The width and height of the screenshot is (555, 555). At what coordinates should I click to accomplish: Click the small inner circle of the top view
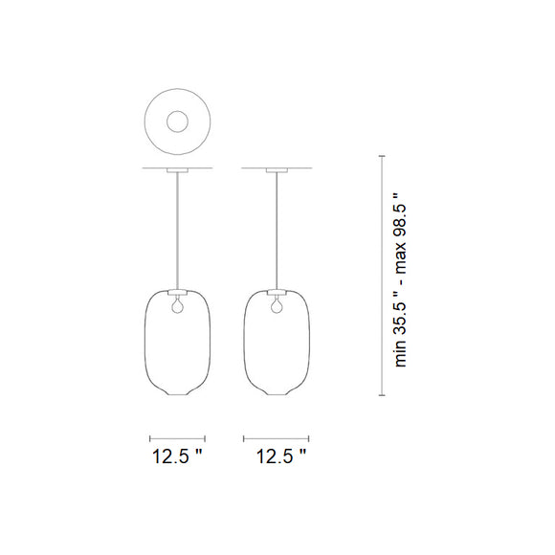(x=177, y=122)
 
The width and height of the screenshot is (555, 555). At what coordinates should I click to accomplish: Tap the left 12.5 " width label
(x=178, y=456)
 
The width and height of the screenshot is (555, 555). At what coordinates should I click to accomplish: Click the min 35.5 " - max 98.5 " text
(x=400, y=278)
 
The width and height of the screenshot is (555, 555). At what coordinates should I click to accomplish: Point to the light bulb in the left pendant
(x=176, y=306)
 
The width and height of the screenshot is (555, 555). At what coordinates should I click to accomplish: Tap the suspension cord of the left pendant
(x=177, y=230)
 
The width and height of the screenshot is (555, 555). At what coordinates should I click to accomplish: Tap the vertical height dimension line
(x=384, y=278)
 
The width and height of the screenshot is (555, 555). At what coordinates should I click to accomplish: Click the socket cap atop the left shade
(x=177, y=291)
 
